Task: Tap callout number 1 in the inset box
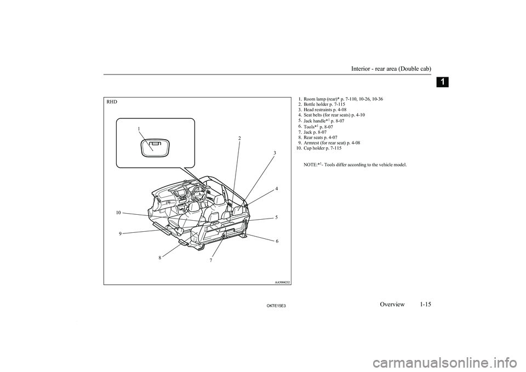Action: tap(139, 129)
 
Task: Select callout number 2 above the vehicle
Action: tap(239, 139)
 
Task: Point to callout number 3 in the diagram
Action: tap(275, 152)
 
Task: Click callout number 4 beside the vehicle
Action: tap(277, 188)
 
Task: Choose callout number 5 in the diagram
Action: tap(277, 217)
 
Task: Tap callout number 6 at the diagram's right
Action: tap(277, 241)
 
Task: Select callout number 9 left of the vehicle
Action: tap(120, 233)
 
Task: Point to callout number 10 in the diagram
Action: tap(118, 211)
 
